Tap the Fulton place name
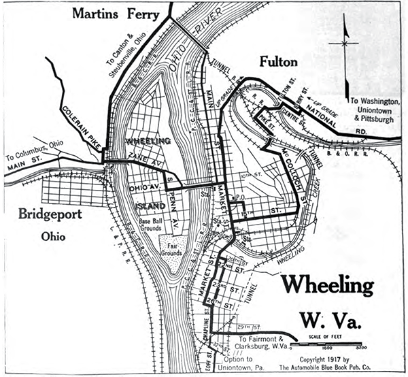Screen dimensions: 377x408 (x=279, y=63)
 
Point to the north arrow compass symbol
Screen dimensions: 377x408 (x=346, y=43)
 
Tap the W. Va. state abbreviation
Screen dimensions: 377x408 (x=333, y=319)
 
